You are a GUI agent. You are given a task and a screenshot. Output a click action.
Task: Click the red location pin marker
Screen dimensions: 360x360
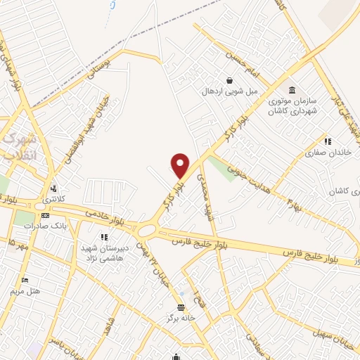click(x=181, y=166)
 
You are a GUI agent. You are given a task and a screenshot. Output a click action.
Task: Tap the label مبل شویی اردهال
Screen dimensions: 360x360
click(x=231, y=91)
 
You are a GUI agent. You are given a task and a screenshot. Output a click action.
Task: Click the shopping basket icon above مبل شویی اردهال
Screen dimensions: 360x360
click(x=229, y=80)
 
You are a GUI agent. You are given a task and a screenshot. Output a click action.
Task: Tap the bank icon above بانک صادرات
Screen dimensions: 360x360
click(x=45, y=215)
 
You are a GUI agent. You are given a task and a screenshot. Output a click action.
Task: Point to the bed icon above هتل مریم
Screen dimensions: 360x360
click(x=26, y=280)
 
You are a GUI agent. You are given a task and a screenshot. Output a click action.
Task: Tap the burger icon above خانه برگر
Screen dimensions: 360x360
click(x=181, y=308)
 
